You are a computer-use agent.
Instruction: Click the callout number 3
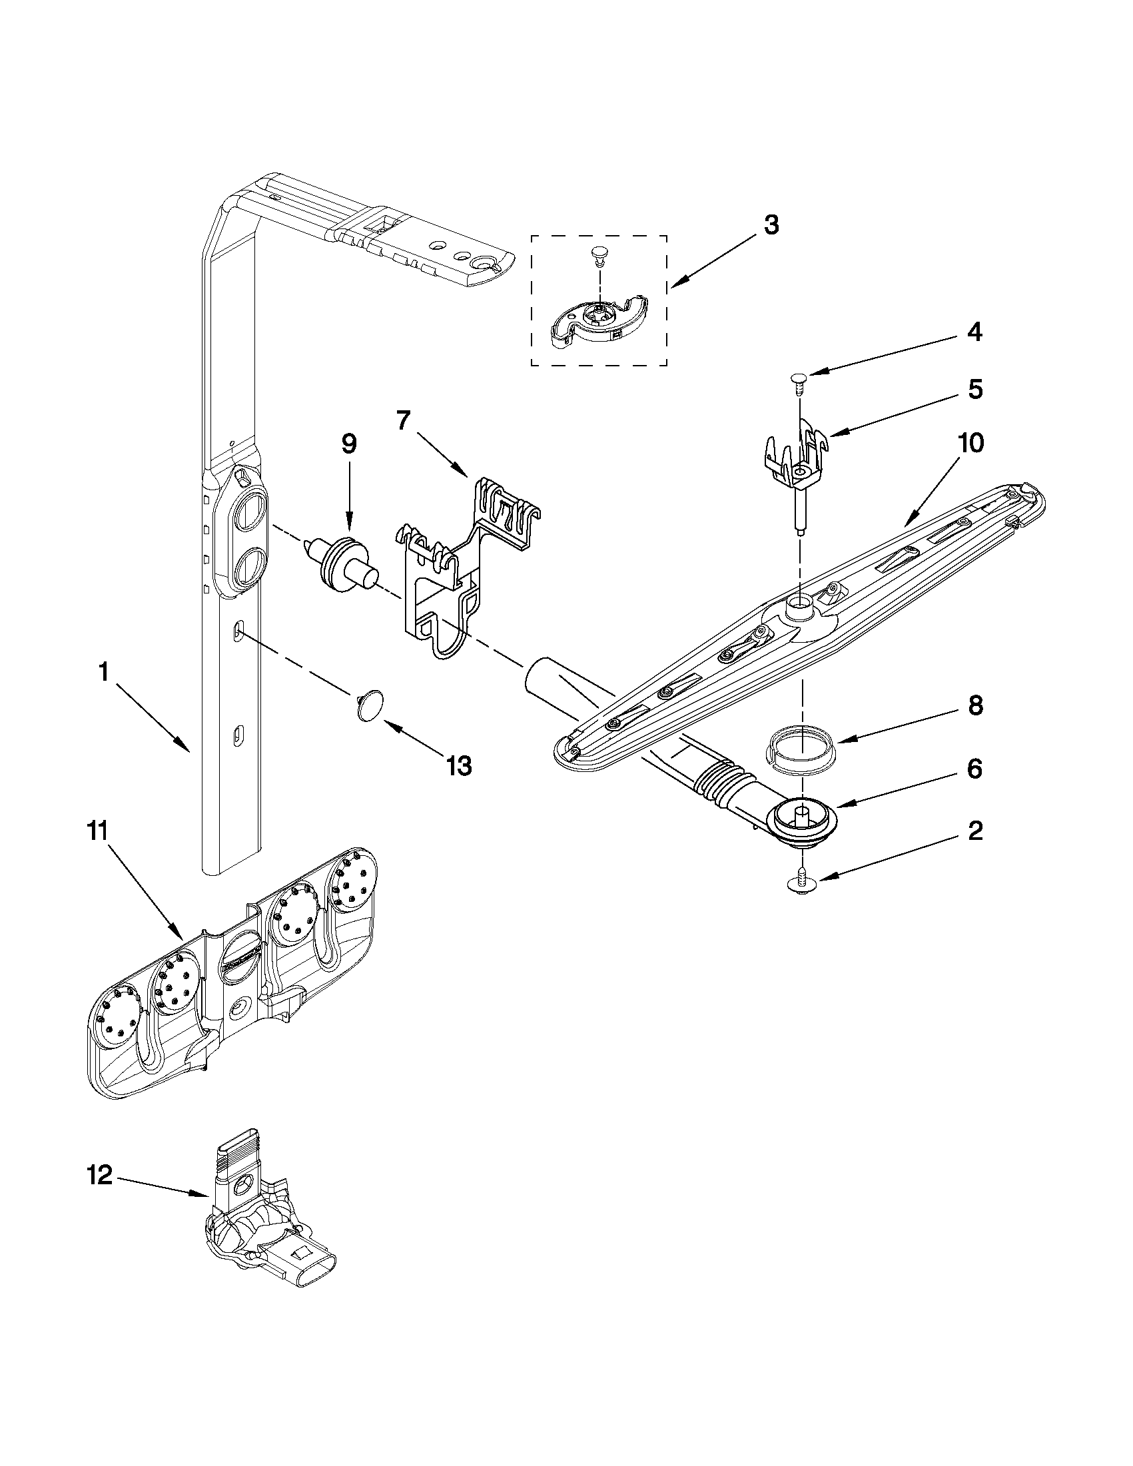[771, 226]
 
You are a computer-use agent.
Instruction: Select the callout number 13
[458, 765]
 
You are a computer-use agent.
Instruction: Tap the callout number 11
[99, 833]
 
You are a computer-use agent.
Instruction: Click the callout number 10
[965, 442]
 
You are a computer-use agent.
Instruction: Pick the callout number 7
[402, 421]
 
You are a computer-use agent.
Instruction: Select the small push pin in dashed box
[596, 254]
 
